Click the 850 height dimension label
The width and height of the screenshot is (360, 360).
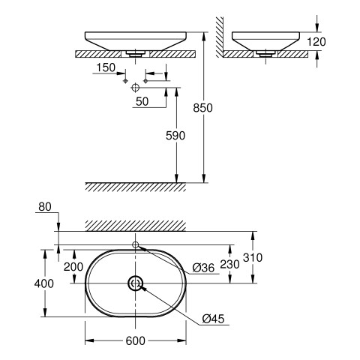click(202, 108)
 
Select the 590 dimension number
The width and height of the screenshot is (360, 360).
click(175, 136)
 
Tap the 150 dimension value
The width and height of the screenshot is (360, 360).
click(106, 67)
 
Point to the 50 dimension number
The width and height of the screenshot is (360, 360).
click(142, 101)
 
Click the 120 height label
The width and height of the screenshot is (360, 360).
click(316, 42)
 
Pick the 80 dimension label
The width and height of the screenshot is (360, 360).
click(45, 207)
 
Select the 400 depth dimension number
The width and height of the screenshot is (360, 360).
click(44, 283)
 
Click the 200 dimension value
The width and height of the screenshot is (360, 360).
click(73, 267)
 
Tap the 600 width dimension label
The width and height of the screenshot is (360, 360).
click(135, 340)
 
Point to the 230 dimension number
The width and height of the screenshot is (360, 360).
click(229, 264)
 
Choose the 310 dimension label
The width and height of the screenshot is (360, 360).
click(253, 257)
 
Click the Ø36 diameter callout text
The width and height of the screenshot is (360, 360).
click(203, 268)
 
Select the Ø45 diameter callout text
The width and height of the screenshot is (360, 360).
click(213, 319)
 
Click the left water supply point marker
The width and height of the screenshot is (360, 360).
click(125, 81)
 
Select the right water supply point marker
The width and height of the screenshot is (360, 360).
click(145, 81)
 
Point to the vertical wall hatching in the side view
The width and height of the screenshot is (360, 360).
click(220, 37)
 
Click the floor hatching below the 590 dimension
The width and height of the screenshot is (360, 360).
click(135, 187)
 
